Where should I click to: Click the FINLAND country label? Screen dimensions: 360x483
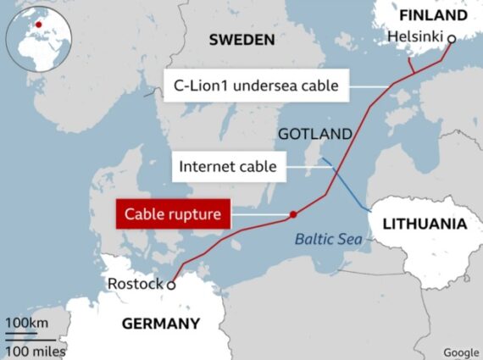click(432, 15)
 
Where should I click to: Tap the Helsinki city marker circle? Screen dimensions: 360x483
click(452, 38)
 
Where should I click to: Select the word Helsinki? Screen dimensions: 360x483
click(415, 38)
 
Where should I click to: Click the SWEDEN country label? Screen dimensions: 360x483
click(241, 39)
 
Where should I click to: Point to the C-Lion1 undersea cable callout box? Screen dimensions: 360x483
click(255, 85)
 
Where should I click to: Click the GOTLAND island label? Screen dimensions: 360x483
click(314, 134)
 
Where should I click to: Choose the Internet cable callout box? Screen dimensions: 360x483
click(227, 166)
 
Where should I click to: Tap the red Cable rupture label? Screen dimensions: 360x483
click(173, 214)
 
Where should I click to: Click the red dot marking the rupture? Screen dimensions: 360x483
click(292, 214)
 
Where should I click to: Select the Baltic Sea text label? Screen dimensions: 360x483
click(328, 239)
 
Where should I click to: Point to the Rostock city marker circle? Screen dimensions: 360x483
click(170, 285)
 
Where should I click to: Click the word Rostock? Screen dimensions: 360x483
click(135, 284)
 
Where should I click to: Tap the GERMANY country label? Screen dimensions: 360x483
click(161, 323)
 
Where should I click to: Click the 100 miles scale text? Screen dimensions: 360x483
click(35, 350)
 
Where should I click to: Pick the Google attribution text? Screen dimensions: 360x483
click(461, 352)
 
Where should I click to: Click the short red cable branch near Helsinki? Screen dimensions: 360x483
click(411, 66)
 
